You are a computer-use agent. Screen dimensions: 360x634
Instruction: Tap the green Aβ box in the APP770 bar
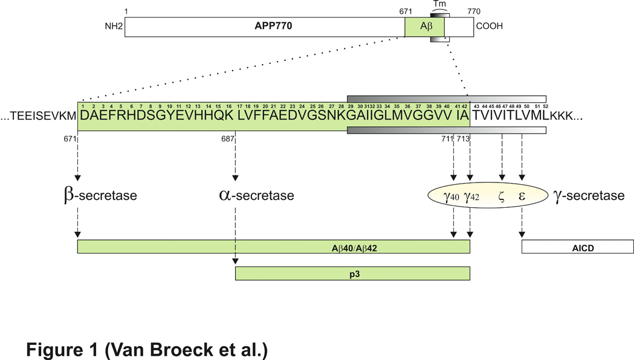tap(424, 27)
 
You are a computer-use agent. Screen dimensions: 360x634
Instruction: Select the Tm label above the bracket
tap(439, 4)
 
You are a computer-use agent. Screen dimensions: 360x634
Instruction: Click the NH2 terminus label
tap(113, 27)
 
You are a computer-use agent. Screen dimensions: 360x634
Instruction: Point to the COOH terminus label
tap(490, 27)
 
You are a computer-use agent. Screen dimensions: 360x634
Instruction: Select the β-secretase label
tap(100, 196)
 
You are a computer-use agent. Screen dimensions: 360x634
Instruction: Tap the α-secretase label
tap(257, 196)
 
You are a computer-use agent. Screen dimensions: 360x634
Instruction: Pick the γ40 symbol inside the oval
tap(452, 196)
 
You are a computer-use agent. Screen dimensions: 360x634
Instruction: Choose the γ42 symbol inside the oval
tap(471, 196)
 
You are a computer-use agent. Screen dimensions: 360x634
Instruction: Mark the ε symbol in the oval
tap(522, 196)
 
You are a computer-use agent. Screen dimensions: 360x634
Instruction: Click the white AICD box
tap(577, 246)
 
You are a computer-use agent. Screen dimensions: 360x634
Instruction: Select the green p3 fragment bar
tap(352, 274)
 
